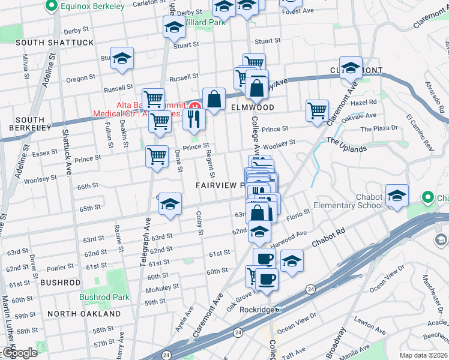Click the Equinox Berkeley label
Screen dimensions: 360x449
point(90,7)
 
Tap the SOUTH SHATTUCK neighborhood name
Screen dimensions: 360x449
point(55,43)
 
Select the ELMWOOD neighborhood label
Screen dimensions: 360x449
point(252,107)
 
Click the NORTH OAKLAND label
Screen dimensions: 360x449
point(84,314)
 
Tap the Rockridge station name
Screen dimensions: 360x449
point(257,310)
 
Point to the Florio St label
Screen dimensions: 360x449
point(298,215)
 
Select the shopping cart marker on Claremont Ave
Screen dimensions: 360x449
point(317,110)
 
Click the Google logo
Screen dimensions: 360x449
point(20,352)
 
